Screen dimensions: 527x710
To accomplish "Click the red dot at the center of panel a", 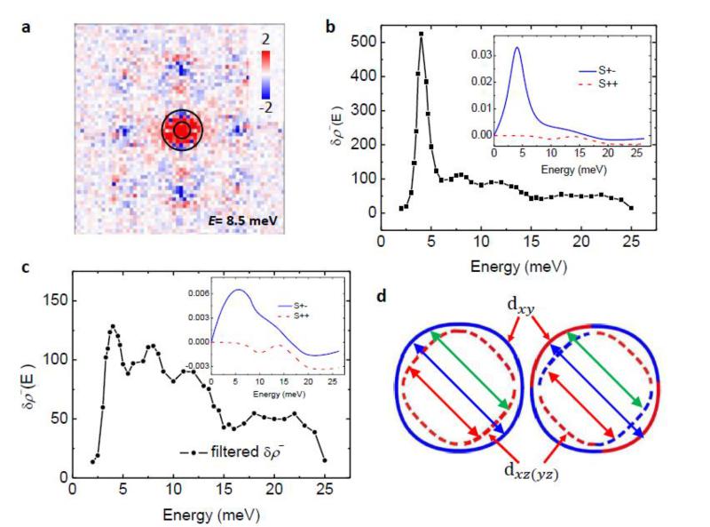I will click(181, 131).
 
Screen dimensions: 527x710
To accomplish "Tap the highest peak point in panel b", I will click(422, 34).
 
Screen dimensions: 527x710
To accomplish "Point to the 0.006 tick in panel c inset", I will click(193, 293).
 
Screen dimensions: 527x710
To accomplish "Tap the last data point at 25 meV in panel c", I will click(325, 460).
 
